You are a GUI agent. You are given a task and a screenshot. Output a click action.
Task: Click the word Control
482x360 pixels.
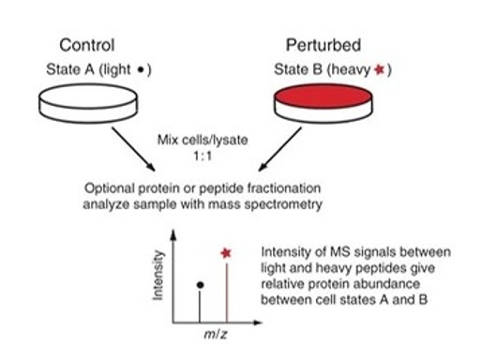[87, 45]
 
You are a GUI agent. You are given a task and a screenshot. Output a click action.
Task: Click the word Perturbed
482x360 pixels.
[324, 45]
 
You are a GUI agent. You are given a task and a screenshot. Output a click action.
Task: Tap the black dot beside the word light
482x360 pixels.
[141, 69]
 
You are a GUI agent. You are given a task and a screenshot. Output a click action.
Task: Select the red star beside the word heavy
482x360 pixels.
[379, 69]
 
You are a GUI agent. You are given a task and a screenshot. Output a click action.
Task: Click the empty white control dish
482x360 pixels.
[88, 103]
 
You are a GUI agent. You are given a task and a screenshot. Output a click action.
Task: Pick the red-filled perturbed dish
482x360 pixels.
[324, 103]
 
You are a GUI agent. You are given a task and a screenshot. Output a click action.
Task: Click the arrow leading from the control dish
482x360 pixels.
[133, 149]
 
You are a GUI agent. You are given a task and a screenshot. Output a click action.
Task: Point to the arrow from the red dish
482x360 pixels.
[280, 149]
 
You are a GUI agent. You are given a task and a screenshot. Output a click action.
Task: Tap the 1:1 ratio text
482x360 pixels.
[203, 156]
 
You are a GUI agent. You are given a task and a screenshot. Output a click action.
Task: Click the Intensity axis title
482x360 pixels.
[158, 276]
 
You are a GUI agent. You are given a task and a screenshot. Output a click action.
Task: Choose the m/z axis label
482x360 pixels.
[216, 335]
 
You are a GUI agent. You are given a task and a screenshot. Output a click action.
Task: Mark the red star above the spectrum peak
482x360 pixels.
[226, 253]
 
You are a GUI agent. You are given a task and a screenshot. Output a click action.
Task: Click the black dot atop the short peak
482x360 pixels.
[201, 285]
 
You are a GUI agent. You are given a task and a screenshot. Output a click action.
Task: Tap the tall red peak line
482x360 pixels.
[227, 292]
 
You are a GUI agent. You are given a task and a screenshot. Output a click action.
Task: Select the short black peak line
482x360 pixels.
[200, 306]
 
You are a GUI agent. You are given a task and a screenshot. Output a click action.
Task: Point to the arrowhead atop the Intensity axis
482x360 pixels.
[173, 234]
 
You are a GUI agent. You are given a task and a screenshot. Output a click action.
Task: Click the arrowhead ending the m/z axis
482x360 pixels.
[257, 322]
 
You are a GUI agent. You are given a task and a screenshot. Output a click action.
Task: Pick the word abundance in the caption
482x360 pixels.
[391, 284]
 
